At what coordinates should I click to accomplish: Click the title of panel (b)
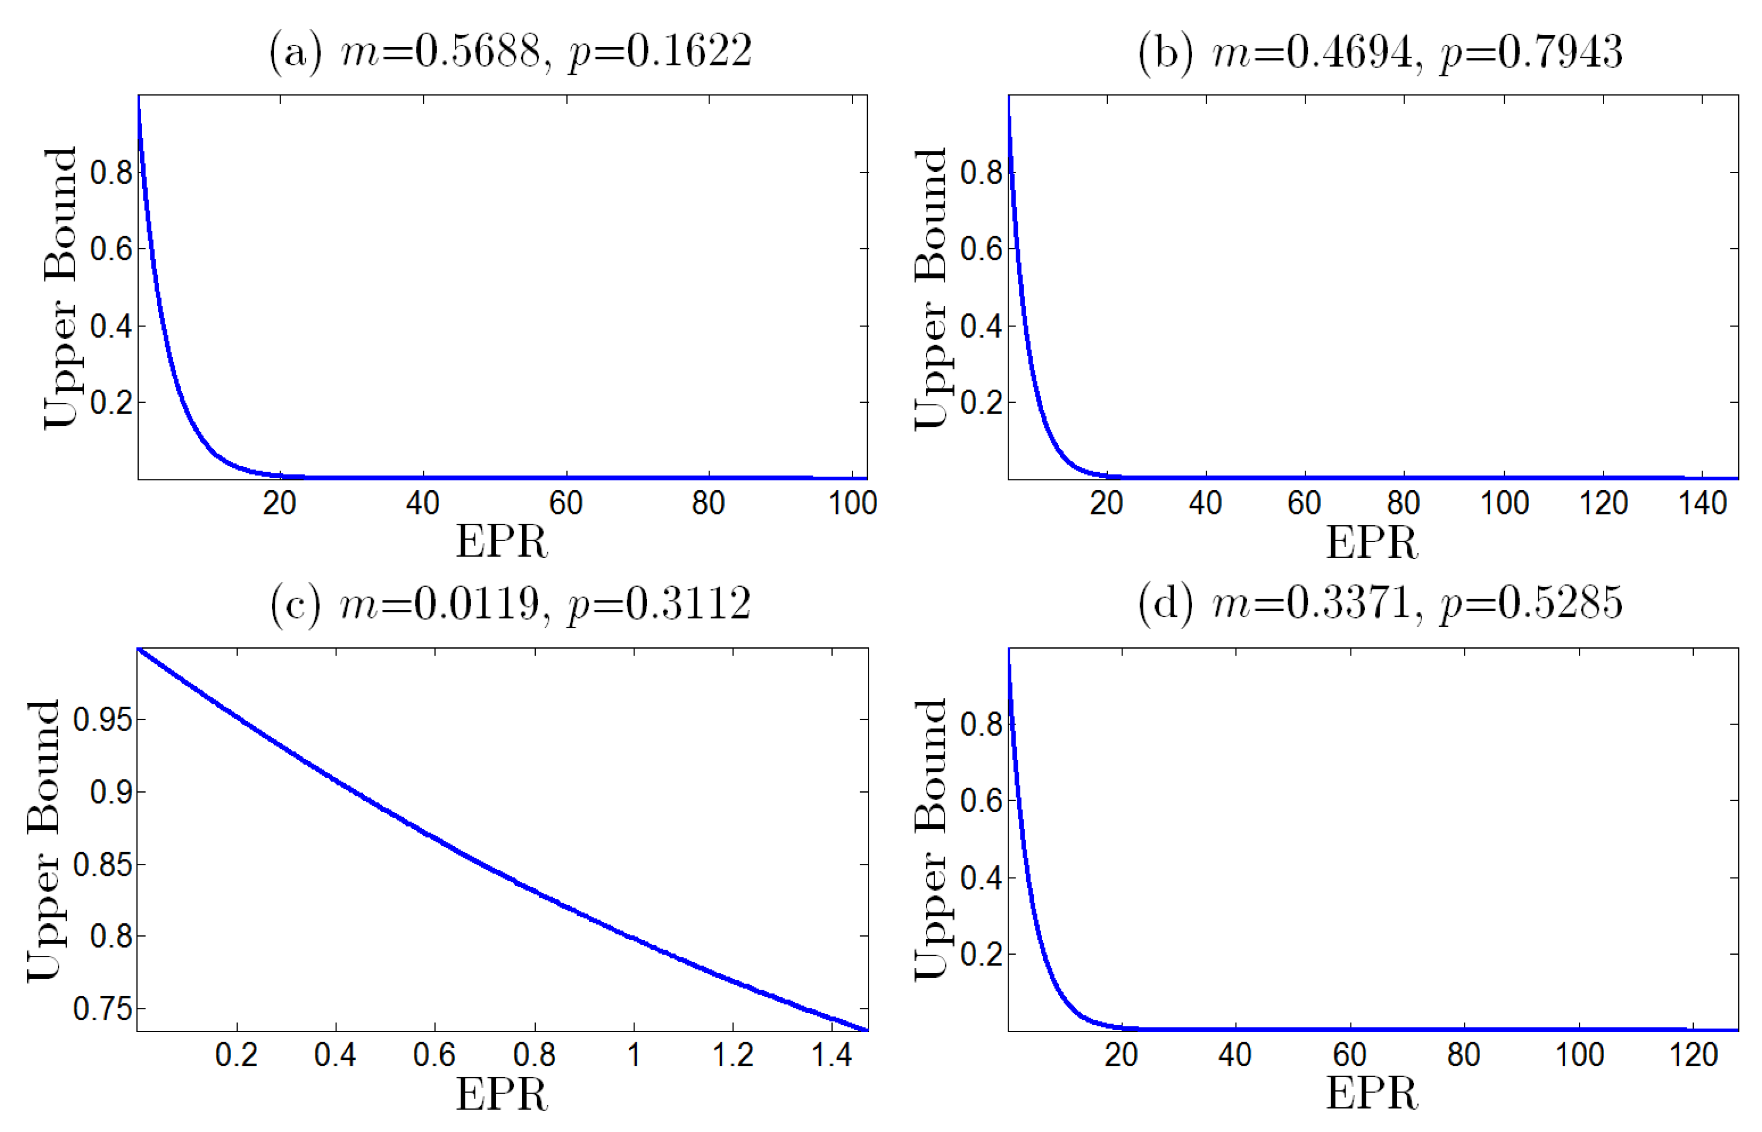pyautogui.click(x=1380, y=52)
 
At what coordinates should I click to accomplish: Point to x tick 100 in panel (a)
pyautogui.click(x=852, y=504)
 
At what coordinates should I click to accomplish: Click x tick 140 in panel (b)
pyautogui.click(x=1703, y=504)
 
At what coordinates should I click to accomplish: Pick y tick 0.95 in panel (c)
pyautogui.click(x=103, y=720)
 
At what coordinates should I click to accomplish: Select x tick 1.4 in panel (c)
pyautogui.click(x=831, y=1056)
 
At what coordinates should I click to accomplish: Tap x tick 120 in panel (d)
pyautogui.click(x=1693, y=1056)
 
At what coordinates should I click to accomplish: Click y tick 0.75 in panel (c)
pyautogui.click(x=103, y=1008)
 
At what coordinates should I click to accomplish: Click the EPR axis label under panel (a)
pyautogui.click(x=502, y=543)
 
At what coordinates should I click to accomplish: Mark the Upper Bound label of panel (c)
pyautogui.click(x=44, y=840)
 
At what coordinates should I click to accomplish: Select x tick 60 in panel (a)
pyautogui.click(x=565, y=504)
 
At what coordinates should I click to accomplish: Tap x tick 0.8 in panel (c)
pyautogui.click(x=534, y=1056)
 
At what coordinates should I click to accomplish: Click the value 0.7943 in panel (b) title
pyautogui.click(x=1560, y=52)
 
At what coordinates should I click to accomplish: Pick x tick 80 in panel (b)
pyautogui.click(x=1403, y=504)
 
